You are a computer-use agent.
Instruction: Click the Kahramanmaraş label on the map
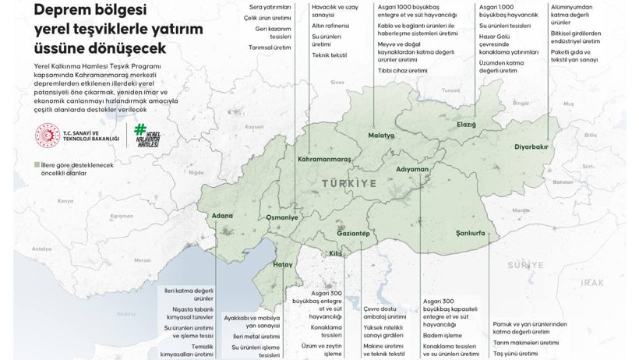[324, 159]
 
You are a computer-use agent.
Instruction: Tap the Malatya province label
[381, 135]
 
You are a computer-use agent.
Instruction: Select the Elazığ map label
[466, 125]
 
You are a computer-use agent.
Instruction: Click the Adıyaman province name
[412, 169]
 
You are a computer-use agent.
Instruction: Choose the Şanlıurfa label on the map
[471, 233]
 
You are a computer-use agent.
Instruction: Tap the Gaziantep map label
[352, 234]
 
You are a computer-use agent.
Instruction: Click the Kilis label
[335, 254]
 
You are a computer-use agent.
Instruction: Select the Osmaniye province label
[281, 217]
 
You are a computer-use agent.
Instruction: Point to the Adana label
[221, 215]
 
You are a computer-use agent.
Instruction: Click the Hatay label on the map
[282, 265]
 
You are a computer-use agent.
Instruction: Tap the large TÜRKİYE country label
[348, 183]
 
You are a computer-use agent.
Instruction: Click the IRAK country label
[592, 283]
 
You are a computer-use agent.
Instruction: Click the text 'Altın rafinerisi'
[330, 26]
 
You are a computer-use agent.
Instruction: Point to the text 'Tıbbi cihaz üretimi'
[402, 70]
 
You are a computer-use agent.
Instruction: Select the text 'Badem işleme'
[442, 335]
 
